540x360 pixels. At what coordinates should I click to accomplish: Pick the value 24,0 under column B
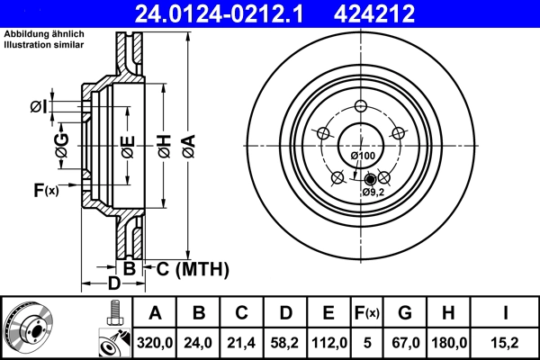pos(200,342)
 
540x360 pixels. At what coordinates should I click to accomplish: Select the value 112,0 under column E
pos(329,342)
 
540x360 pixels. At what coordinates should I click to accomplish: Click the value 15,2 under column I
pos(508,342)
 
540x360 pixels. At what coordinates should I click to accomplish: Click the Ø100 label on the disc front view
pos(363,157)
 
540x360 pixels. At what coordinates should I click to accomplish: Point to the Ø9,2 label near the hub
pos(373,191)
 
